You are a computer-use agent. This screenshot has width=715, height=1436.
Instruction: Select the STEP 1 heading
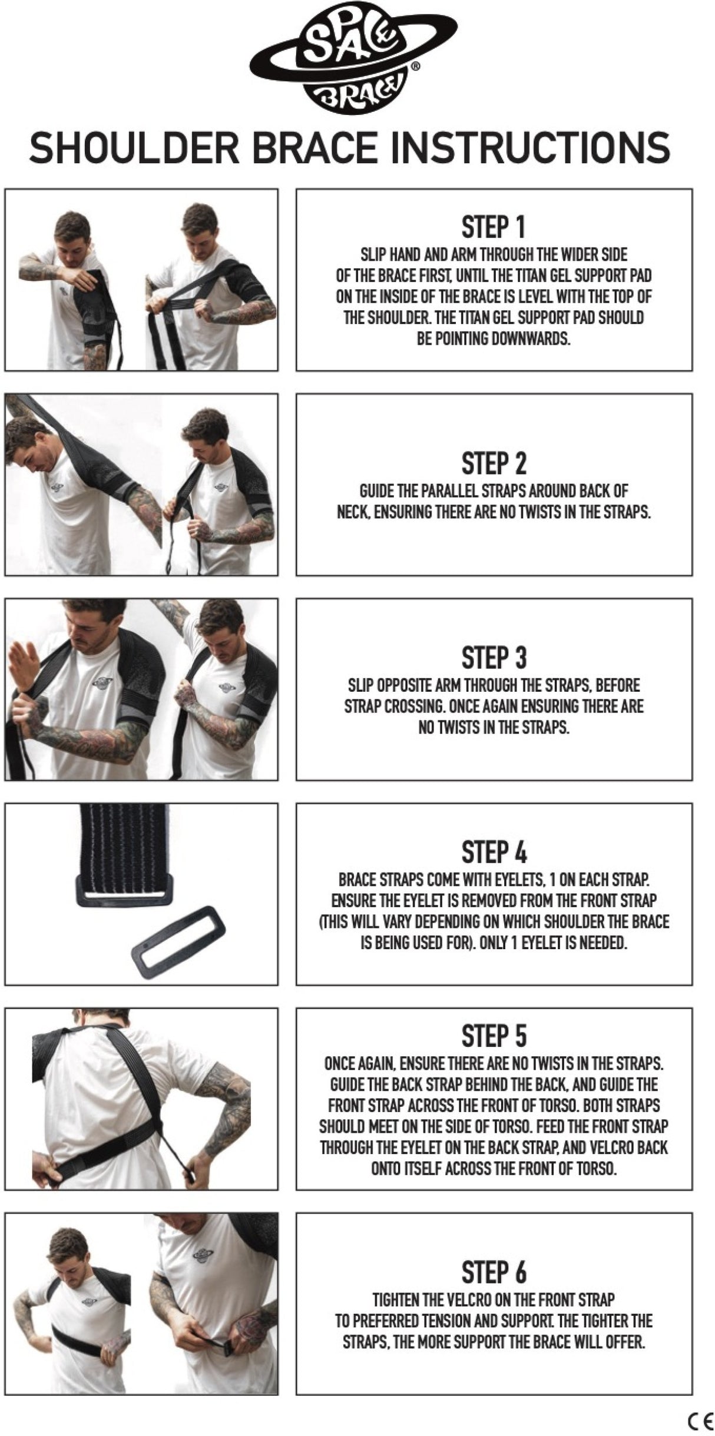tap(494, 227)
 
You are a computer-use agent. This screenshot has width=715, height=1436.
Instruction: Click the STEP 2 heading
tap(494, 463)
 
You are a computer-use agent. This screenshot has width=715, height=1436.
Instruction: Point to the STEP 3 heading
tap(494, 658)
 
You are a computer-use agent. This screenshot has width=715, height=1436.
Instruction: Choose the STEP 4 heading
tap(494, 853)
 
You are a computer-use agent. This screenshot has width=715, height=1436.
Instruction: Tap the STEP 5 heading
tap(494, 1036)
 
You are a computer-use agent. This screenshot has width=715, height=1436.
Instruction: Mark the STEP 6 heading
tap(494, 1272)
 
